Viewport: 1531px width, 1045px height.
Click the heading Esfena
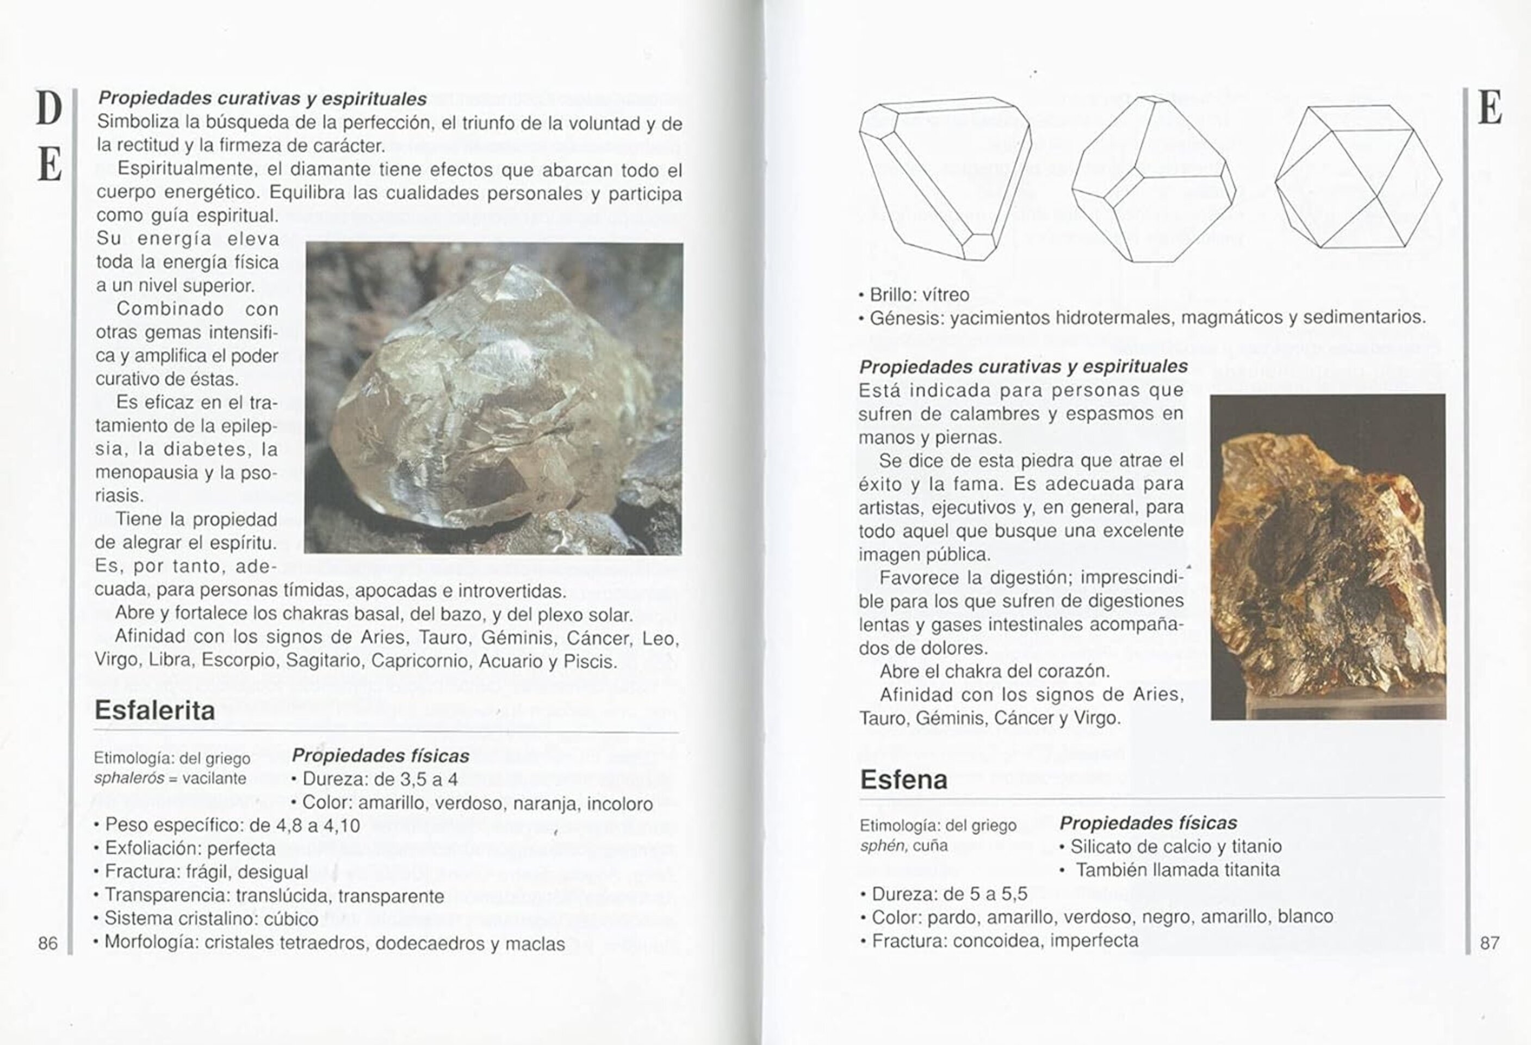point(903,780)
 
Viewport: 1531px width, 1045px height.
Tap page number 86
point(47,943)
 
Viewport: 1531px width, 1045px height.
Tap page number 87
point(1490,943)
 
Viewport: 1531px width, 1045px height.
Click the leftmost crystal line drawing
point(944,178)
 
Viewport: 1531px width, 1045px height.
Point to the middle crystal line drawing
point(1153,179)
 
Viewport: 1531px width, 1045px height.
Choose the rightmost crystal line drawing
point(1359,177)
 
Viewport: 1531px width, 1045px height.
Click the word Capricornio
point(422,661)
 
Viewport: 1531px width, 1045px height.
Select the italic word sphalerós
point(128,779)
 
